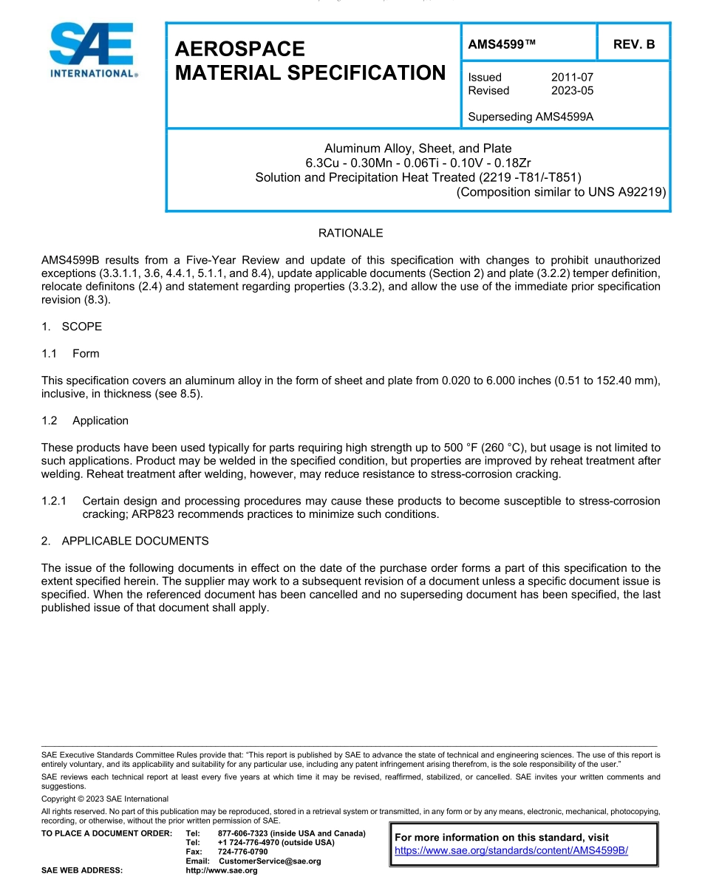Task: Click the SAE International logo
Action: tap(91, 52)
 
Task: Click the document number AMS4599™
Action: tap(502, 44)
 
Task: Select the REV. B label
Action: tap(633, 44)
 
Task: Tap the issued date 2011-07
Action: tap(572, 77)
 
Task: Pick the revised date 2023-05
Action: tap(572, 90)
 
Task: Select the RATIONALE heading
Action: tap(350, 233)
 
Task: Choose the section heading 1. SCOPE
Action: tap(72, 327)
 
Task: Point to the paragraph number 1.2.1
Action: tap(56, 501)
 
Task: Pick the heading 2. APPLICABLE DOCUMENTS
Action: tap(125, 541)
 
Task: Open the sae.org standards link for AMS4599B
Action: tap(511, 850)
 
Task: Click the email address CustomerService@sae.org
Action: tap(270, 861)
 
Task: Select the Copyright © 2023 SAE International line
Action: tap(105, 799)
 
